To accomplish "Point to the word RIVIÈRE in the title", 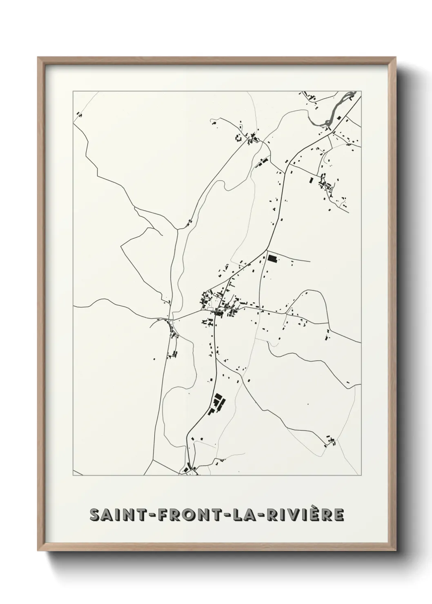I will point(303,515).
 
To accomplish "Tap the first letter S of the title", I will point(94,515).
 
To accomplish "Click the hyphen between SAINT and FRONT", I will point(145,515).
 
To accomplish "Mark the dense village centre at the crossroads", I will point(216,306).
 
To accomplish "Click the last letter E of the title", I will point(339,515).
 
